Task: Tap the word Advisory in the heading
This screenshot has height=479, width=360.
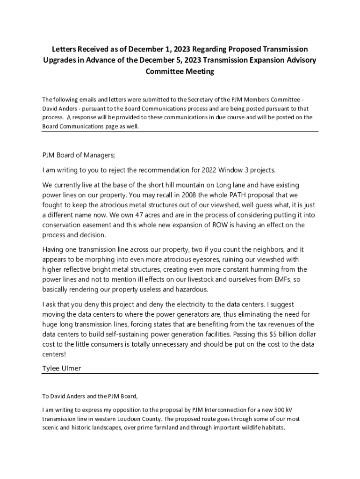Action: click(300, 60)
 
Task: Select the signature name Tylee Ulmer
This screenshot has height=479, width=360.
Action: click(62, 368)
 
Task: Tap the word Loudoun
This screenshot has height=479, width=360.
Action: click(123, 419)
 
